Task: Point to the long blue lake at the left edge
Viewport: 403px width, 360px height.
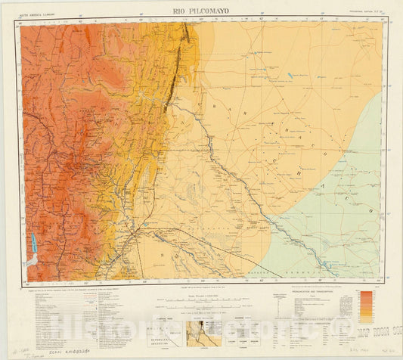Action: [x=33, y=244]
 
